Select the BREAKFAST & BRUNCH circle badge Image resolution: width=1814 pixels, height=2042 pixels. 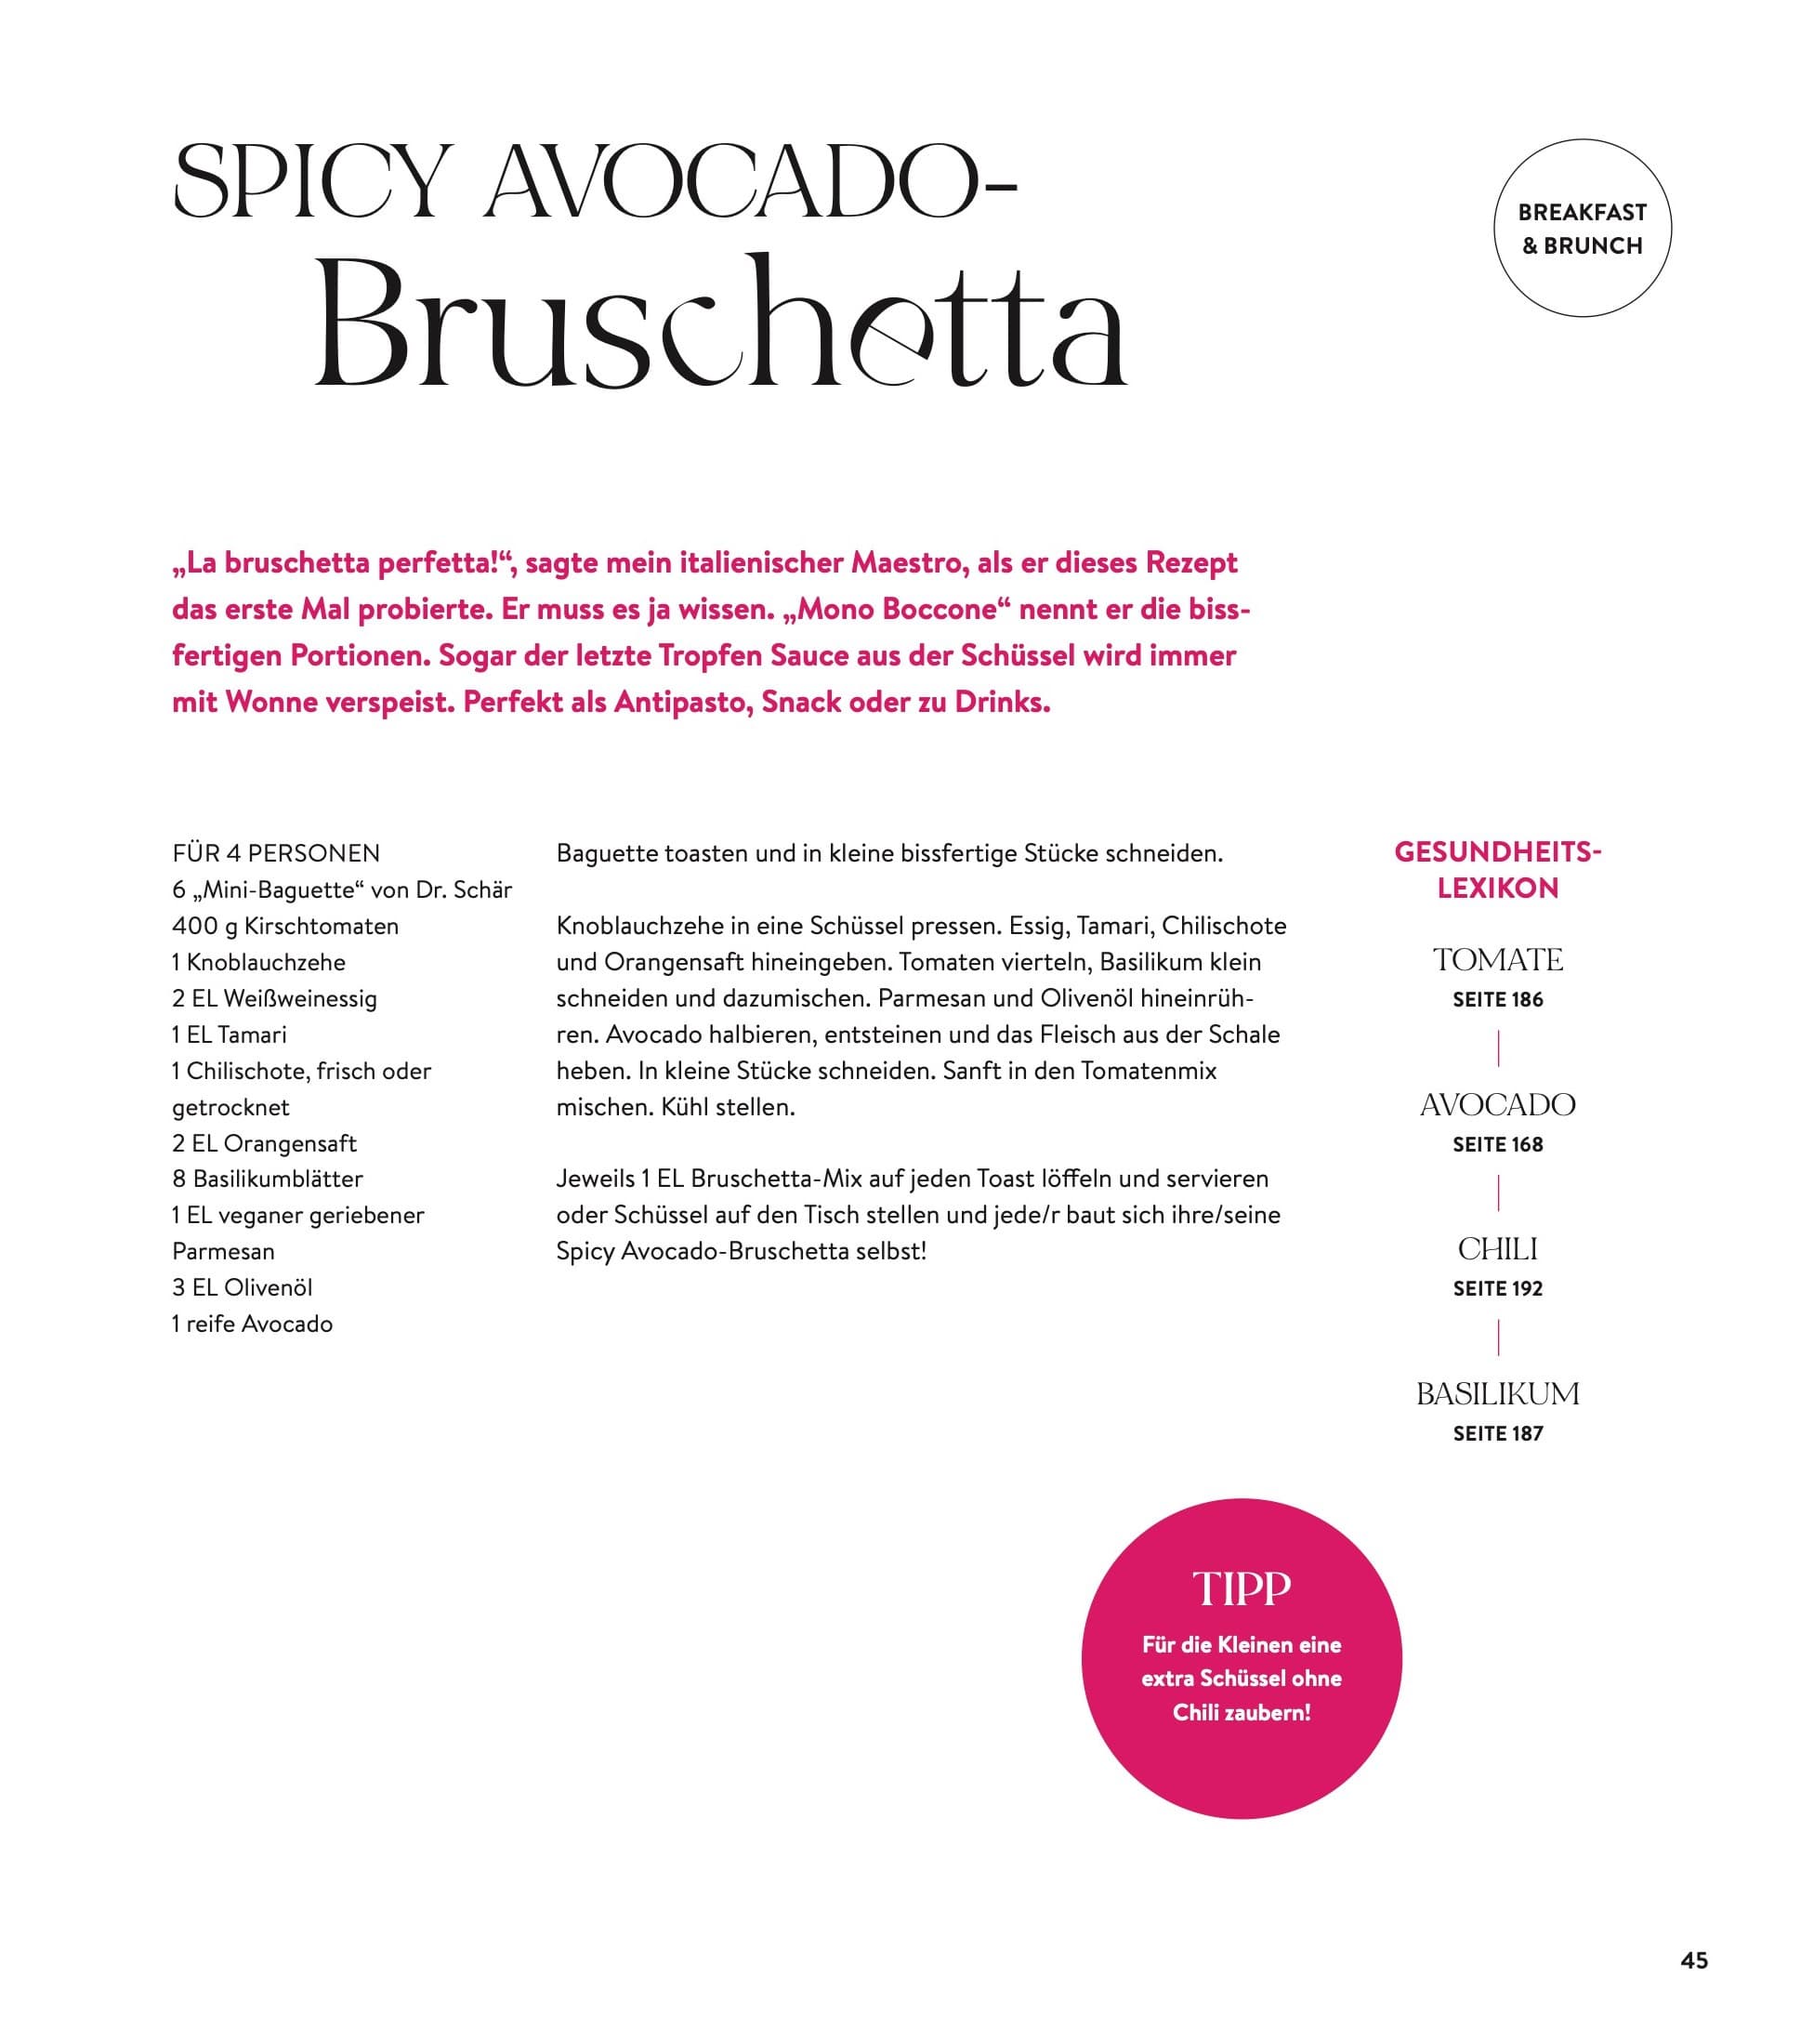[1582, 229]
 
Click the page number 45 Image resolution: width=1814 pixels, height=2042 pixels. [1694, 1960]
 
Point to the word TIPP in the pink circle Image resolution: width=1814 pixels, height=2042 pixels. [1242, 1588]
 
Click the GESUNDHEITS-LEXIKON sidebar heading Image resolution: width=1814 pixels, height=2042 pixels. [1497, 870]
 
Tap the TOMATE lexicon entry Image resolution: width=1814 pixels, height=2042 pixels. [1497, 960]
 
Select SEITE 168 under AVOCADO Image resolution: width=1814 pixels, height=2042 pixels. [1497, 1145]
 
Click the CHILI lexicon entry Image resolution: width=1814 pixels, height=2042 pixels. [1497, 1249]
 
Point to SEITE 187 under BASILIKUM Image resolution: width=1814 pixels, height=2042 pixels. [1497, 1433]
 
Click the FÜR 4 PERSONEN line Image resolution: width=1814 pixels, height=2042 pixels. [276, 854]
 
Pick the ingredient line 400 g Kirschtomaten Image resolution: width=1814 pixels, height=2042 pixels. [284, 926]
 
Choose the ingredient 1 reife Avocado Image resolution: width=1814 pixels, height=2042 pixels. [252, 1324]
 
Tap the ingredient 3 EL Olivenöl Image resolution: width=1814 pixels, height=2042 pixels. [242, 1287]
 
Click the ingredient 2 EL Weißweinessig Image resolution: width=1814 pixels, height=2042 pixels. [274, 998]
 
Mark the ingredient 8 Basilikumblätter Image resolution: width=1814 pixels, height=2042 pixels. [267, 1179]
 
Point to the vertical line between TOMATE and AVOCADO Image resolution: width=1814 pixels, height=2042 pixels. [1497, 1049]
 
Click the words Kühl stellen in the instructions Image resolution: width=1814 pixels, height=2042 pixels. [728, 1107]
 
